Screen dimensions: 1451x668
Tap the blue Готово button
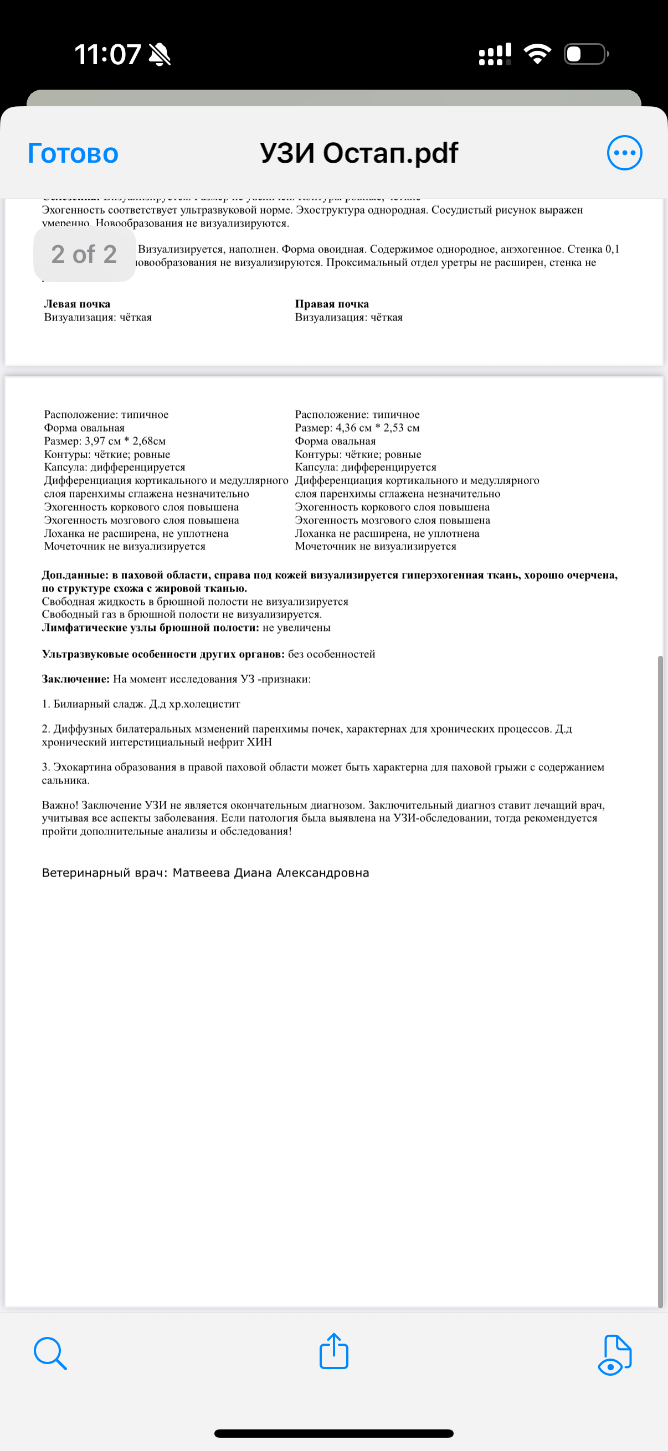click(x=73, y=153)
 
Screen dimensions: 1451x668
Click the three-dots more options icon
click(x=624, y=153)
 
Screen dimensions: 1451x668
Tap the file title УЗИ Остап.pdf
click(x=358, y=153)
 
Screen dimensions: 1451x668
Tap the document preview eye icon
click(x=614, y=1355)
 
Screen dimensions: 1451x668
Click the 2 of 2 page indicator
click(x=84, y=254)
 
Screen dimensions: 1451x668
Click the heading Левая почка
click(x=77, y=304)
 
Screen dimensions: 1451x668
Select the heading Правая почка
click(x=332, y=304)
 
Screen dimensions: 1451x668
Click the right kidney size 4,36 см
click(x=353, y=428)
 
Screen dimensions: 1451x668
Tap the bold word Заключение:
click(x=75, y=680)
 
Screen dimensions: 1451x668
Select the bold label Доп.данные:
click(x=75, y=575)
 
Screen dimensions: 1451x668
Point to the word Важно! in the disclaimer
click(x=60, y=806)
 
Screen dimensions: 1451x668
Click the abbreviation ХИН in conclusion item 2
click(x=259, y=743)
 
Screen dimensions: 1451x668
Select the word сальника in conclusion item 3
click(x=64, y=781)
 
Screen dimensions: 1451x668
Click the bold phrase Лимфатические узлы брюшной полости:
click(x=151, y=628)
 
